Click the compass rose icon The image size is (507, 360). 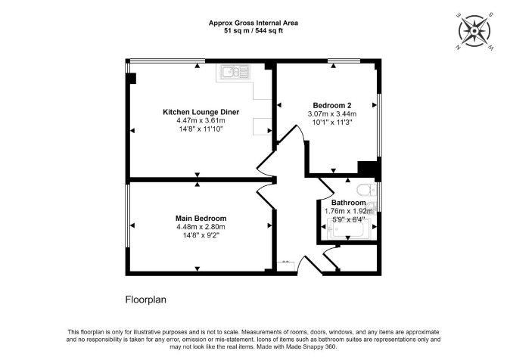474,31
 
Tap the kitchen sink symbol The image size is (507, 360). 235,71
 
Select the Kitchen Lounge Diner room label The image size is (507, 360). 201,112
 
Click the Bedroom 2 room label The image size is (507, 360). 332,105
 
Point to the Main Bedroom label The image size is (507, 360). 201,218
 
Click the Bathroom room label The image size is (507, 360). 349,203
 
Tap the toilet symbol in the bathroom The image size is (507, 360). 366,190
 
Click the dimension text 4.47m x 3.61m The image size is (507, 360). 201,120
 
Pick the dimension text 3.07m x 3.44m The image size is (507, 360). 332,113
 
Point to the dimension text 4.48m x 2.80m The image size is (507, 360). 201,227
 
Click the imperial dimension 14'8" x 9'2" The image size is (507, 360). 201,235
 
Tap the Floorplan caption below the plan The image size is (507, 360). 146,299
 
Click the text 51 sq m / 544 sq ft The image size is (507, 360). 253,31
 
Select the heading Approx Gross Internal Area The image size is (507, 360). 253,23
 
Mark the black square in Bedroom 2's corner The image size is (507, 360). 367,169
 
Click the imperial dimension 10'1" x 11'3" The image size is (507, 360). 332,123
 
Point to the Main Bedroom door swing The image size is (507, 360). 265,197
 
